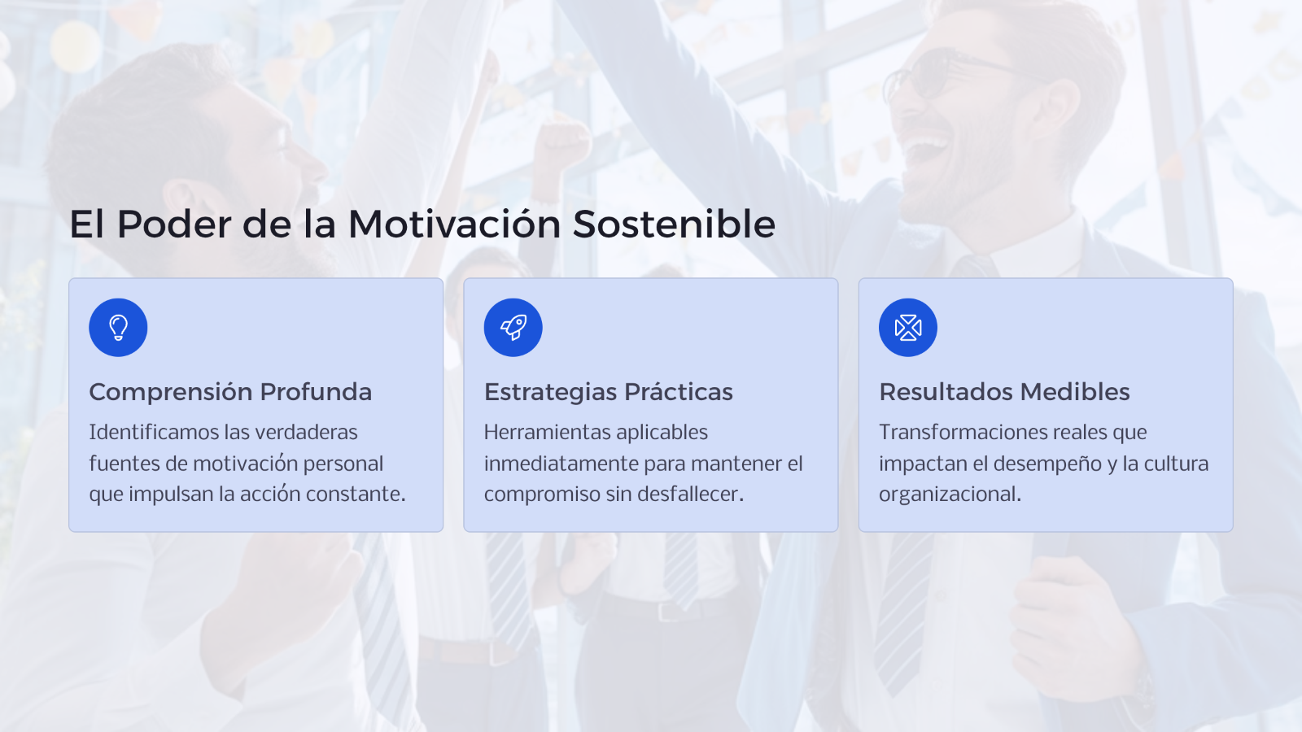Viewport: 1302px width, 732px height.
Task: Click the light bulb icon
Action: tap(118, 328)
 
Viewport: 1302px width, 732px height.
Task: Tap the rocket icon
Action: tap(513, 328)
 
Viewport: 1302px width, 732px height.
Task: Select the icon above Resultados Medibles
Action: tap(908, 328)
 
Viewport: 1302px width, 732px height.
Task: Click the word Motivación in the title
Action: tap(454, 224)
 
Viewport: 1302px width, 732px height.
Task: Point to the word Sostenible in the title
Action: tap(675, 224)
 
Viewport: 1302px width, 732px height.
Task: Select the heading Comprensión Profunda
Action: tap(230, 392)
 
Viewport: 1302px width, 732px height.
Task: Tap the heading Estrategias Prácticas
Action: tap(609, 392)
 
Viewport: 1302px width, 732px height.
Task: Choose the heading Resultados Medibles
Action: tap(1004, 392)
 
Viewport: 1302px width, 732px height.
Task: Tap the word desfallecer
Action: tap(691, 495)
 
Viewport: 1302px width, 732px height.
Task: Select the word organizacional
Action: tap(950, 495)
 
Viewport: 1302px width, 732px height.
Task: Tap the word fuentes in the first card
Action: tap(125, 464)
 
